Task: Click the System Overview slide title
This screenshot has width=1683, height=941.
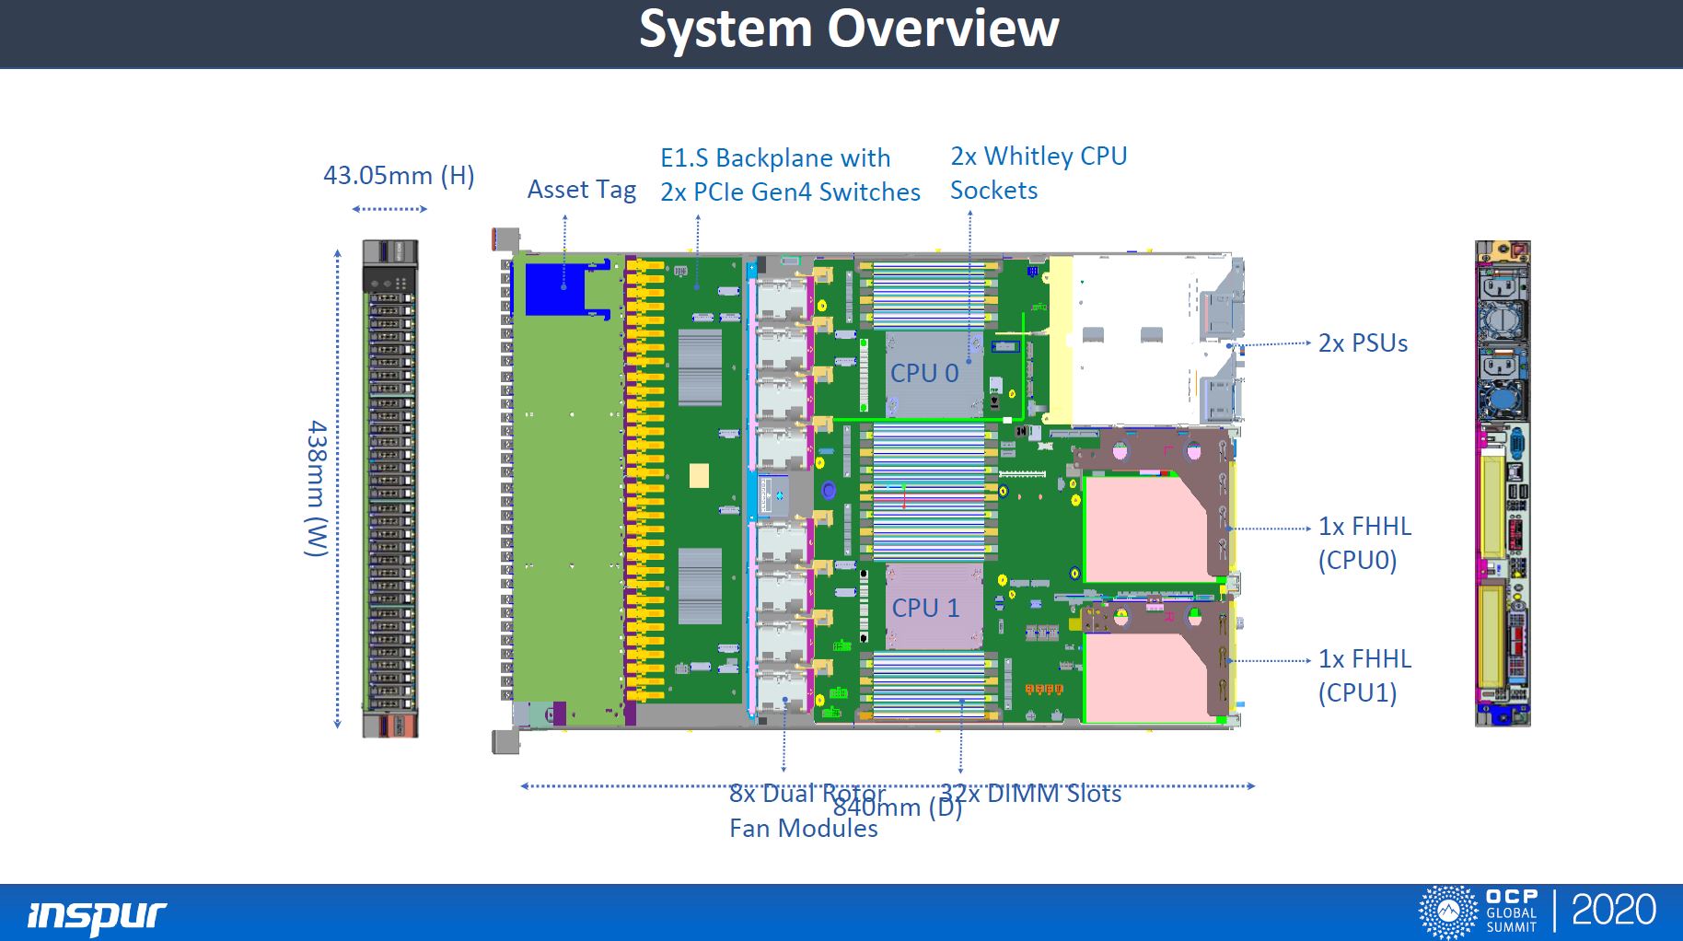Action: [849, 29]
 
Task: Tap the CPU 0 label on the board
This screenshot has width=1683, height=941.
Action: [924, 373]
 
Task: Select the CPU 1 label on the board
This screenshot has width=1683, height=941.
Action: [925, 608]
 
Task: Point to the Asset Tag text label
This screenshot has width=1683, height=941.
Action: [581, 190]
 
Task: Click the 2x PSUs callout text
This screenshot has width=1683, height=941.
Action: [1363, 343]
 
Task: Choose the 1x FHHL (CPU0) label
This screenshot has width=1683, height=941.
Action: [1364, 543]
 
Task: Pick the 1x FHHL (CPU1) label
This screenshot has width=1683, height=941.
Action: [1364, 676]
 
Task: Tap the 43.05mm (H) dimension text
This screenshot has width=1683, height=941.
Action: [399, 176]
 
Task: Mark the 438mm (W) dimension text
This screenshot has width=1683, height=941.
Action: [317, 488]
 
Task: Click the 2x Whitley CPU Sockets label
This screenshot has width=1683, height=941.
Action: [1038, 173]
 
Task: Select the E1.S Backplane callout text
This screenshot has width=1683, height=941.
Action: [789, 175]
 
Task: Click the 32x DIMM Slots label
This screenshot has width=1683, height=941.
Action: [1030, 794]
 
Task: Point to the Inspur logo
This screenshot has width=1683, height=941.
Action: [97, 914]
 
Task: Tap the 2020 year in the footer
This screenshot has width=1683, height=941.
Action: [1613, 911]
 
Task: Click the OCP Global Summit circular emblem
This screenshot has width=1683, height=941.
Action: [1448, 912]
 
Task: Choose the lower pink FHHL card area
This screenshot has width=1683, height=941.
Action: [1145, 677]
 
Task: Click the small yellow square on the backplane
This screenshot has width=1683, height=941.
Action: [699, 475]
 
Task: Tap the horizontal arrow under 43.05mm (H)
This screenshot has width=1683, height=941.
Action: [389, 209]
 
